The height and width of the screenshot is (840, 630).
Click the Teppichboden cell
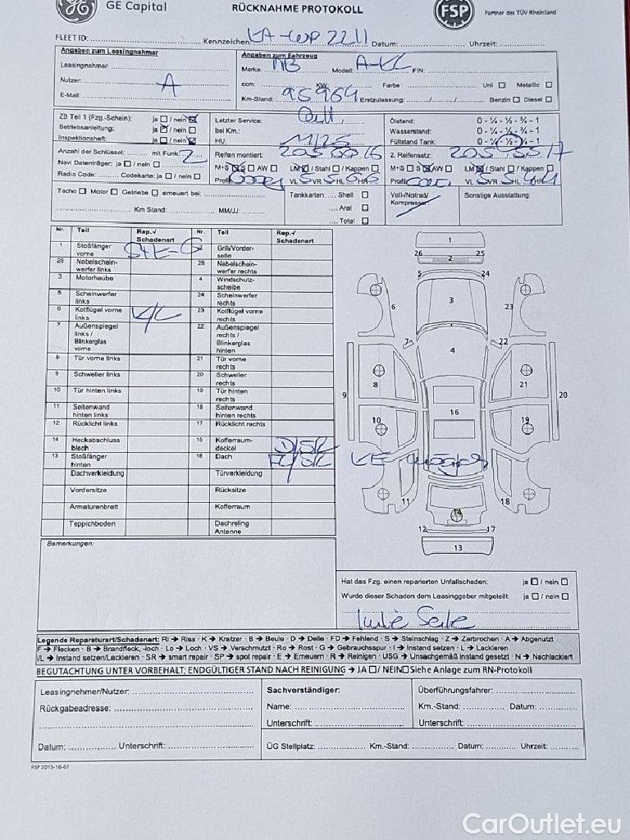pyautogui.click(x=92, y=523)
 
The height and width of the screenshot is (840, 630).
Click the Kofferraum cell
pyautogui.click(x=232, y=506)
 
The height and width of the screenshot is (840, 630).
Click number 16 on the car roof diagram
pyautogui.click(x=454, y=412)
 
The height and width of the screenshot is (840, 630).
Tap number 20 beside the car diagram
pyautogui.click(x=564, y=395)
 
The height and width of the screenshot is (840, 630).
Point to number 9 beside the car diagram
pyautogui.click(x=345, y=395)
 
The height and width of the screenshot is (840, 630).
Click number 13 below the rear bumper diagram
pyautogui.click(x=458, y=547)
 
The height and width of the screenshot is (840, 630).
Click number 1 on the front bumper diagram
pyautogui.click(x=449, y=240)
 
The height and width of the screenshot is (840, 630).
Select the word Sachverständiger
pyautogui.click(x=303, y=689)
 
